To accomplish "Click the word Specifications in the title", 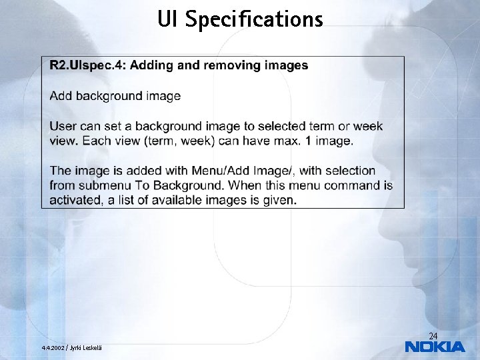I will (253, 20).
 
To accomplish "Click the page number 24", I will (433, 335).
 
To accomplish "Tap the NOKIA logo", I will (435, 347).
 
